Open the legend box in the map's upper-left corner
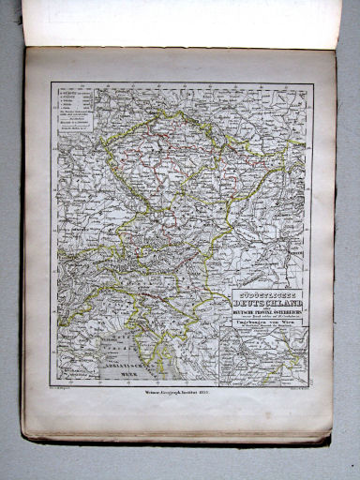74,110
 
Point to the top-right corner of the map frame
308,82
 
